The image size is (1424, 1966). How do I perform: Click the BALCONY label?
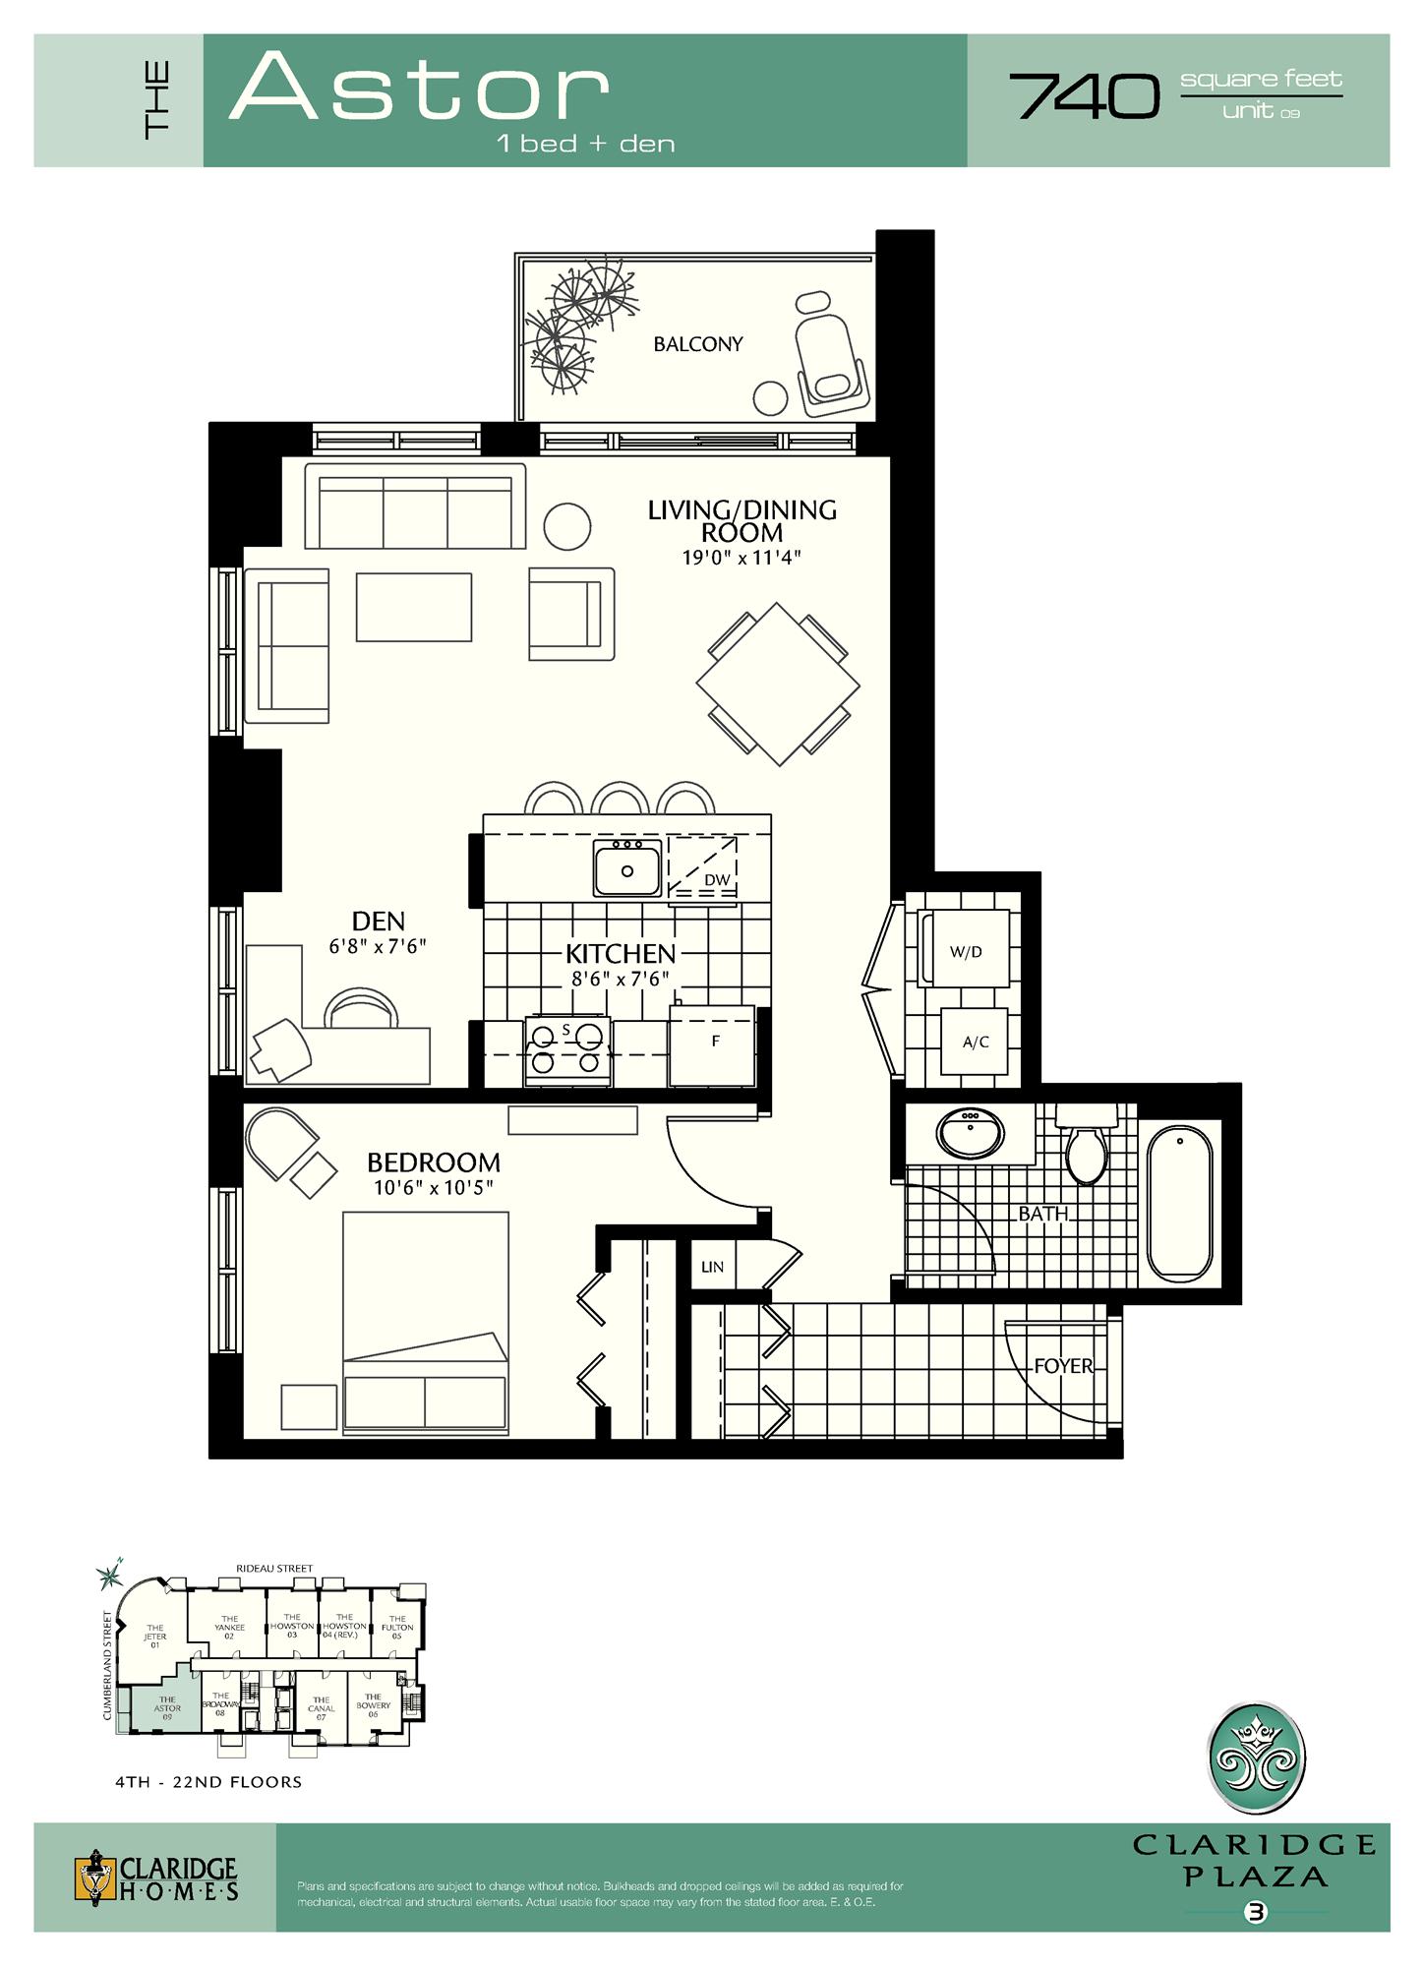[x=697, y=344]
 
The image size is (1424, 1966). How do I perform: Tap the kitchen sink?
[x=627, y=869]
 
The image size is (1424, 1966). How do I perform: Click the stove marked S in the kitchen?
[x=567, y=1050]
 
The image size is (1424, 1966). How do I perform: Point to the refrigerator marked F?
[x=713, y=1044]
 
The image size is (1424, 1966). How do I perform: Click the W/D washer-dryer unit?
[x=965, y=950]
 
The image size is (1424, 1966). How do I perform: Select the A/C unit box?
[x=975, y=1042]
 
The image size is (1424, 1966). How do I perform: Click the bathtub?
[x=1179, y=1203]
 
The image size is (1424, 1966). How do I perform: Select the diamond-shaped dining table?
[x=778, y=685]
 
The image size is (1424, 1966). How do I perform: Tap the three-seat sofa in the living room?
[x=415, y=507]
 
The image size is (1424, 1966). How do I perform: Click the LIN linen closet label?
[x=712, y=1267]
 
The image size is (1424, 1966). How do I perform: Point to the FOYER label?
[x=1063, y=1366]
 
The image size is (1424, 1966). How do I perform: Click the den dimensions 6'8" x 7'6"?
[x=378, y=946]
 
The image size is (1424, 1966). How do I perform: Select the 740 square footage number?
[x=1085, y=96]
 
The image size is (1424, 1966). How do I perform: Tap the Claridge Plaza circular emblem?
[x=1256, y=1757]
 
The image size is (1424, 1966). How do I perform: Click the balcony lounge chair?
[x=831, y=355]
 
